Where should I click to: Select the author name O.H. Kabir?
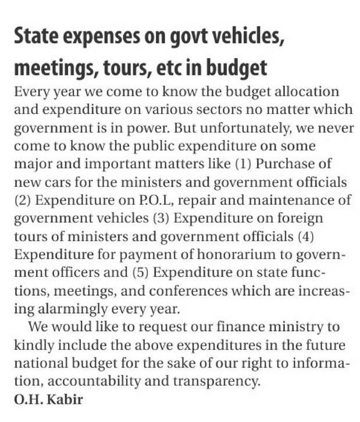coord(48,401)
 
